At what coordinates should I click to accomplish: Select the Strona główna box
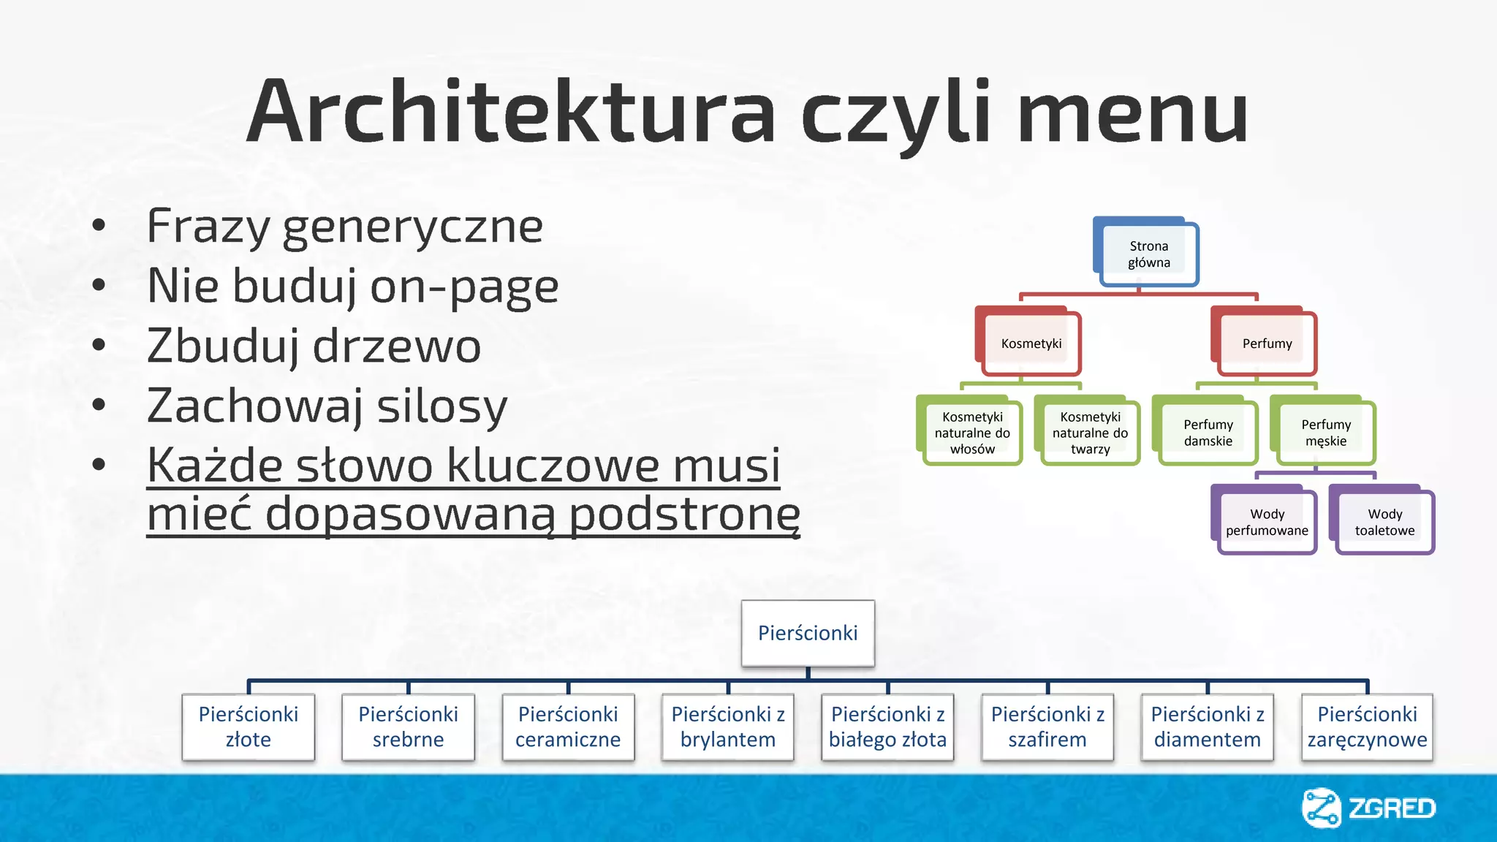[1148, 254]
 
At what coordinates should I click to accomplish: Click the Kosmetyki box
[1031, 344]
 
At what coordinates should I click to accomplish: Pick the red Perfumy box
[1267, 344]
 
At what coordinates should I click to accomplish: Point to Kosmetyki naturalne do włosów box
[972, 433]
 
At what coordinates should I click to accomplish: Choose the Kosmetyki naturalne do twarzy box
[1090, 433]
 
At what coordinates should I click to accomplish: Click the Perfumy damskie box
[1208, 433]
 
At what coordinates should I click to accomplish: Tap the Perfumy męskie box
[1326, 433]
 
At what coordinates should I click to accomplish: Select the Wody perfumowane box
[1267, 523]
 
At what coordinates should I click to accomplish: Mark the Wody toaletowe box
[1384, 523]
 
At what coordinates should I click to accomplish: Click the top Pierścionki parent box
[808, 633]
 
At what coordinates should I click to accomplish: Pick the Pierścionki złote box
[249, 727]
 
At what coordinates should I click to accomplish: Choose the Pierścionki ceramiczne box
[568, 727]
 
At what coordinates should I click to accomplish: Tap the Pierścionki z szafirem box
[1047, 727]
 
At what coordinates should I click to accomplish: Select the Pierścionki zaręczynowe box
[1367, 727]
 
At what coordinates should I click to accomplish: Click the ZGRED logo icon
[1321, 808]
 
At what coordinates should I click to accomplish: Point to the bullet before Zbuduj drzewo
[99, 345]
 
